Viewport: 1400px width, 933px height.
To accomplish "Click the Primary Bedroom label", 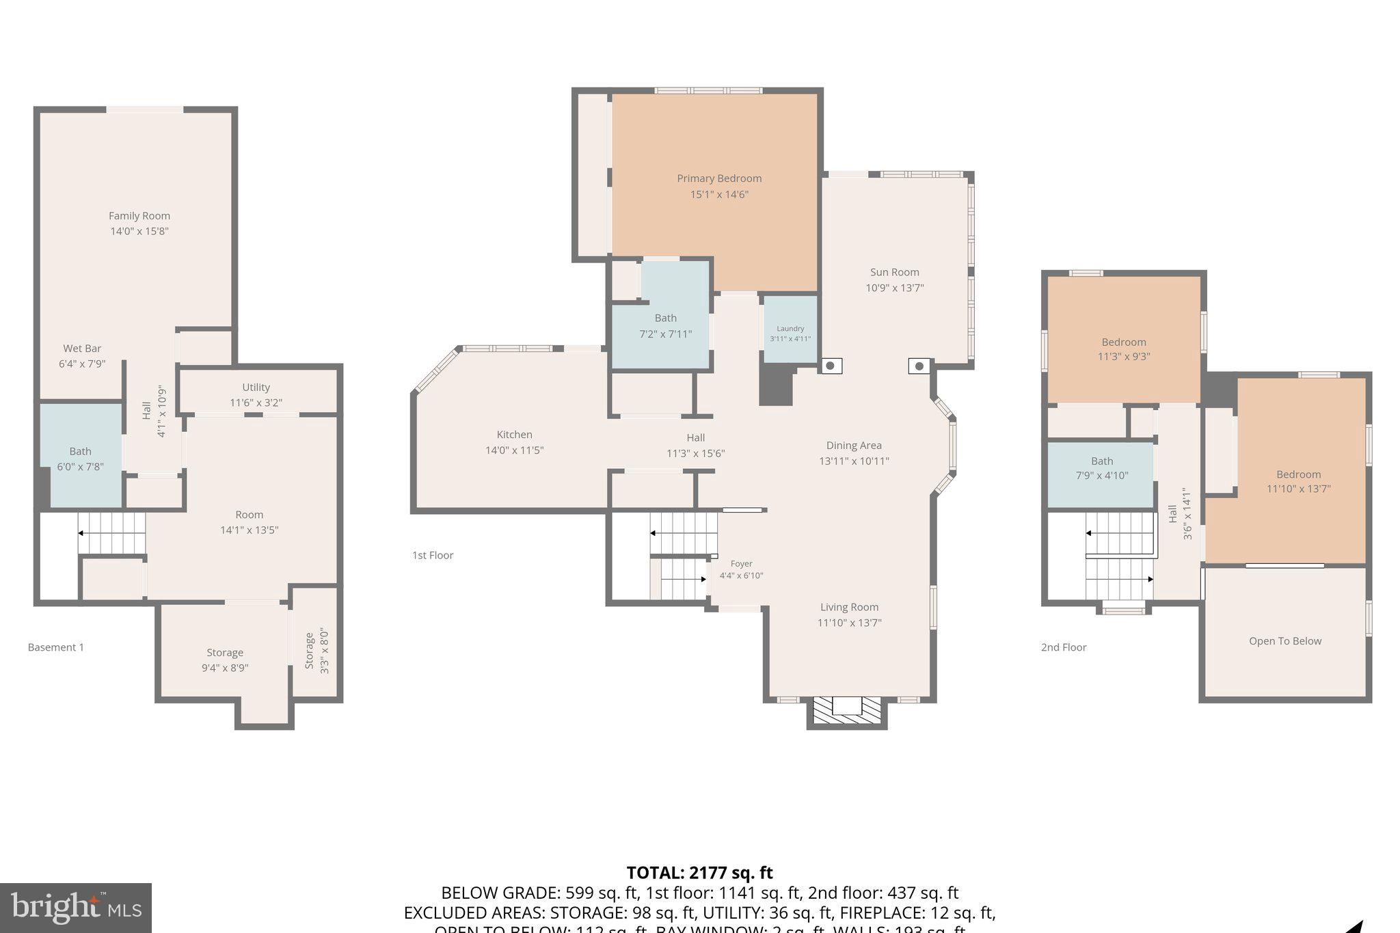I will pos(719,178).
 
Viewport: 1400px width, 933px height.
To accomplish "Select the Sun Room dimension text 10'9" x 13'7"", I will pos(894,288).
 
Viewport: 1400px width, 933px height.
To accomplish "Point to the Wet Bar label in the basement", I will pos(82,349).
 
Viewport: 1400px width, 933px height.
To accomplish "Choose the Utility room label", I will pos(256,388).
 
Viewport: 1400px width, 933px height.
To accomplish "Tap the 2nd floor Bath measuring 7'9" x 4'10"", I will pos(1101,469).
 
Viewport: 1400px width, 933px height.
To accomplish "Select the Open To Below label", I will pos(1284,641).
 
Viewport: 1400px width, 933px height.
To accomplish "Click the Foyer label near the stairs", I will pos(741,564).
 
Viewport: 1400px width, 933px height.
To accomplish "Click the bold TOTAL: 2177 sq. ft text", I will pos(699,873).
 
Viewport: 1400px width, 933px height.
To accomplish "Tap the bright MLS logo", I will pos(76,908).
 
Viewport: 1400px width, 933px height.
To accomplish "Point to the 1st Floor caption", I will pos(433,555).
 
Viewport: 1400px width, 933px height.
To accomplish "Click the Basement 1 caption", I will pos(56,647).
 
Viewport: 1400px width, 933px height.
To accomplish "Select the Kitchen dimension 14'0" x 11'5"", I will pos(514,450).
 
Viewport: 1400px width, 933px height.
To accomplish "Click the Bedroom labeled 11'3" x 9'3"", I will pos(1124,349).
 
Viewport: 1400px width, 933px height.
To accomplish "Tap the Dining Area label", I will pos(854,446).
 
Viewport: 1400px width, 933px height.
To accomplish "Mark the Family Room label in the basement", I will pos(139,216).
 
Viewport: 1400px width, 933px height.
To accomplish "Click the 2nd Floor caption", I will pos(1064,647).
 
